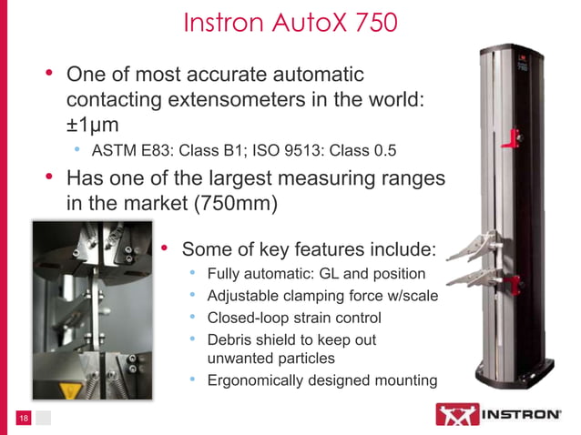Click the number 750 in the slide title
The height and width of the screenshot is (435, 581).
point(375,22)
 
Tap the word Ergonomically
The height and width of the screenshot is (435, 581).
point(257,380)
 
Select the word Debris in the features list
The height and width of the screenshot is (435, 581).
point(229,339)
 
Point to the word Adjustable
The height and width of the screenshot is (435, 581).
point(242,296)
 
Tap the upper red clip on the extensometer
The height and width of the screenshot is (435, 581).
point(517,137)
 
